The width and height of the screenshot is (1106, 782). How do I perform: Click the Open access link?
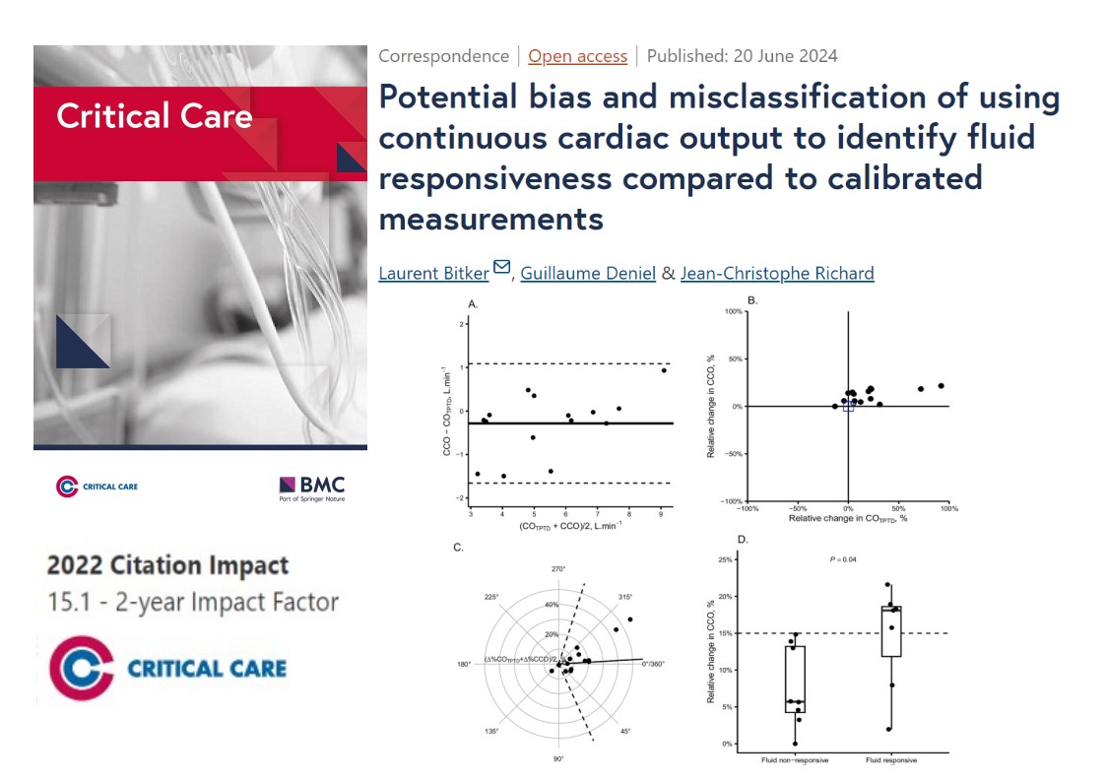pos(577,56)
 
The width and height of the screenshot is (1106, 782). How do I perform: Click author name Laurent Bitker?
pos(433,273)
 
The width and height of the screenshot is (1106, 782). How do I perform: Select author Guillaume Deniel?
pos(588,273)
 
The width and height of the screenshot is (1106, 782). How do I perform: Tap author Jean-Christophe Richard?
pos(777,273)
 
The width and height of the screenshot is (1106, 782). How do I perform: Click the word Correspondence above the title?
pos(443,56)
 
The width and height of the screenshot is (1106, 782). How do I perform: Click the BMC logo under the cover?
pos(312,487)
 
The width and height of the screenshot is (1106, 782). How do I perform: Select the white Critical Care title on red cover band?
pos(154,116)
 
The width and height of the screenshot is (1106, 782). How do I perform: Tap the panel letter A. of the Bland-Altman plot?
pos(474,306)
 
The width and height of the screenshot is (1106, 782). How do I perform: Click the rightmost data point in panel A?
pos(664,370)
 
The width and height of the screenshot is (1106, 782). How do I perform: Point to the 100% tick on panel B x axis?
pos(949,508)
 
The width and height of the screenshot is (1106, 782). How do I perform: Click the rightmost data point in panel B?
pos(941,386)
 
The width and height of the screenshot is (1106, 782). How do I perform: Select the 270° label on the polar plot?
pos(558,569)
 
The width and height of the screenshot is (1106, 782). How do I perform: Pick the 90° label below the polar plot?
pos(558,759)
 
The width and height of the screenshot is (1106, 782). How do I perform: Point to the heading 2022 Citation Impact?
pos(167,566)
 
